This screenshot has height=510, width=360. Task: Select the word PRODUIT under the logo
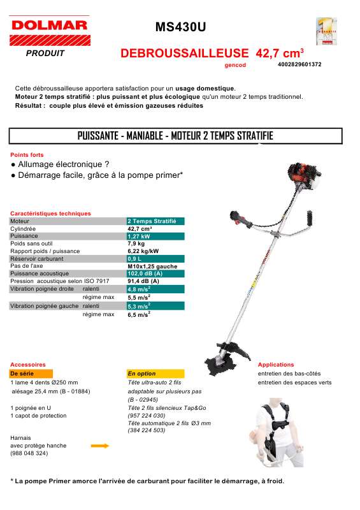[x=45, y=54]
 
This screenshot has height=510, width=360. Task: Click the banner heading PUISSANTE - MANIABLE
[x=175, y=136]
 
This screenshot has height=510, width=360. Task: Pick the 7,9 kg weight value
[x=136, y=244]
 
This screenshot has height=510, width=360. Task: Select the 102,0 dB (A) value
[x=145, y=273]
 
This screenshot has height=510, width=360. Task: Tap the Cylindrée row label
[x=23, y=228]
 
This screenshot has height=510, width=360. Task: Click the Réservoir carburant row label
[x=37, y=259]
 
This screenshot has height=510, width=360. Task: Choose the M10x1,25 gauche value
[x=152, y=266]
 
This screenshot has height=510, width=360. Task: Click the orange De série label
[x=22, y=374]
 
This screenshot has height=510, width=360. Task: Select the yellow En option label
[x=141, y=374]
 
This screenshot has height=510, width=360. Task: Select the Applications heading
[x=276, y=365]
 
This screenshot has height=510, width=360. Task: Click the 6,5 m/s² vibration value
[x=139, y=314]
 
